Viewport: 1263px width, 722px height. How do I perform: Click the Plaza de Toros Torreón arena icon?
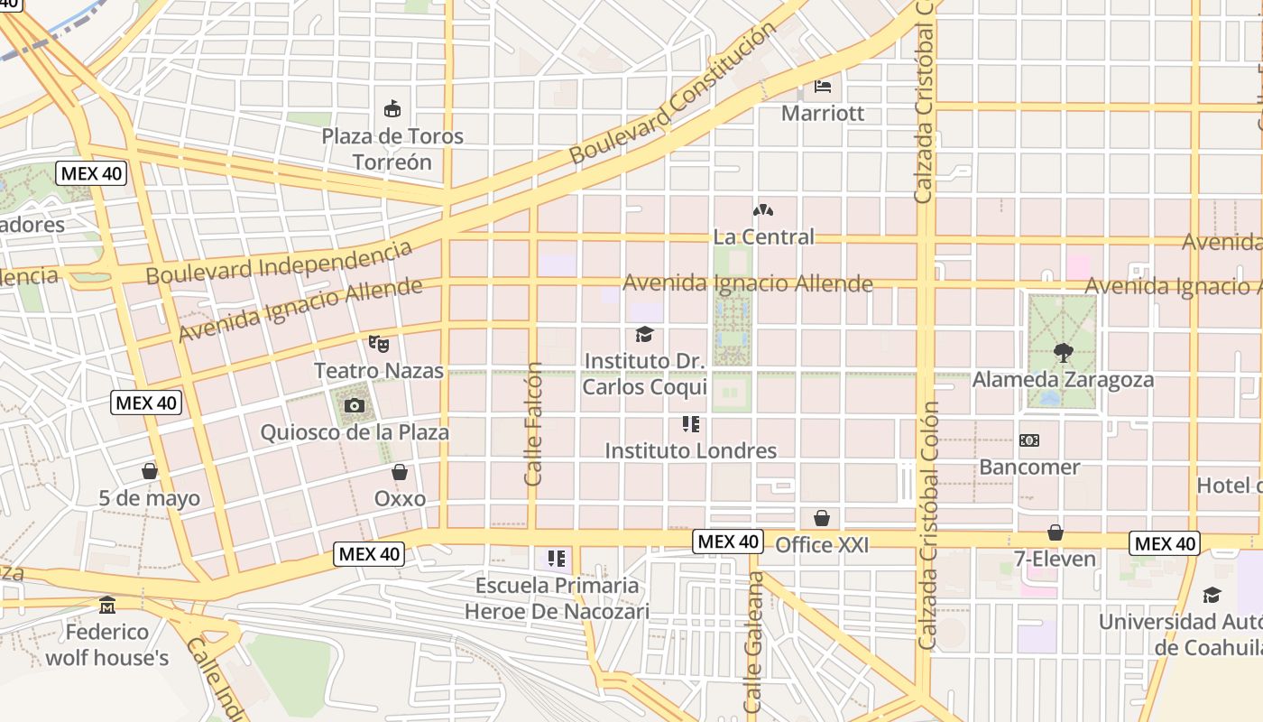coord(392,109)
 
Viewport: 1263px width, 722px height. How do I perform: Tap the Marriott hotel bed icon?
coord(823,87)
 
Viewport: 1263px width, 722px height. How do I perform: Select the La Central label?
coord(763,236)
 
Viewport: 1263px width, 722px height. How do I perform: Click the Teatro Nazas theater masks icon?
coord(379,343)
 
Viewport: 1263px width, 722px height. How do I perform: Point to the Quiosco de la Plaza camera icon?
coord(355,406)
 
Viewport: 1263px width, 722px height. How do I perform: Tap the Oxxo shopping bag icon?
coord(400,472)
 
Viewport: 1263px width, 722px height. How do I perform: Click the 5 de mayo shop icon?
coord(150,471)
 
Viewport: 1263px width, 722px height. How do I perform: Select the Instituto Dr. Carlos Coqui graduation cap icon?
coord(644,335)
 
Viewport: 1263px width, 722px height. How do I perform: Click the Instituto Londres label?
coord(690,450)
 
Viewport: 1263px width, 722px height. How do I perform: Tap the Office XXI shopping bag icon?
coord(822,518)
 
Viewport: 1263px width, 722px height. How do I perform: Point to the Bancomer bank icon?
coord(1028,440)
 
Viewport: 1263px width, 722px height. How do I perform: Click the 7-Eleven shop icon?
coord(1056,532)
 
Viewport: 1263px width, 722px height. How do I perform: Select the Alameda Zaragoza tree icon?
coord(1063,353)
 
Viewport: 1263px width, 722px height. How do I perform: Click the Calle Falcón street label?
coord(533,424)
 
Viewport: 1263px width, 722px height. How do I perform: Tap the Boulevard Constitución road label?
coord(672,93)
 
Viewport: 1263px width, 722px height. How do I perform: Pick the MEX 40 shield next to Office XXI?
coord(728,541)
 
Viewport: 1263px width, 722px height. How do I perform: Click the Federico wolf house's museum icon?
coord(107,605)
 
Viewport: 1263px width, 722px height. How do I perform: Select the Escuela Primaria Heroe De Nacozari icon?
coord(557,559)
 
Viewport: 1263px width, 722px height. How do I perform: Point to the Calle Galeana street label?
coord(753,643)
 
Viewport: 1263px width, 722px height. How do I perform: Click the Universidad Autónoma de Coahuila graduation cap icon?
coord(1212,595)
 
